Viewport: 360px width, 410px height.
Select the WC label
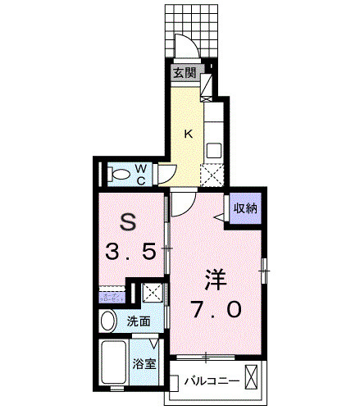point(140,174)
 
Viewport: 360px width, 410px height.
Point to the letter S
point(128,221)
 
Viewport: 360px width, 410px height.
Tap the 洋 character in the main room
point(214,279)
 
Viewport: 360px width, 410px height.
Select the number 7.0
point(217,310)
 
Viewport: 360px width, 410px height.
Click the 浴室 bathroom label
point(145,363)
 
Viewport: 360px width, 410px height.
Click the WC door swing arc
point(166,172)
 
